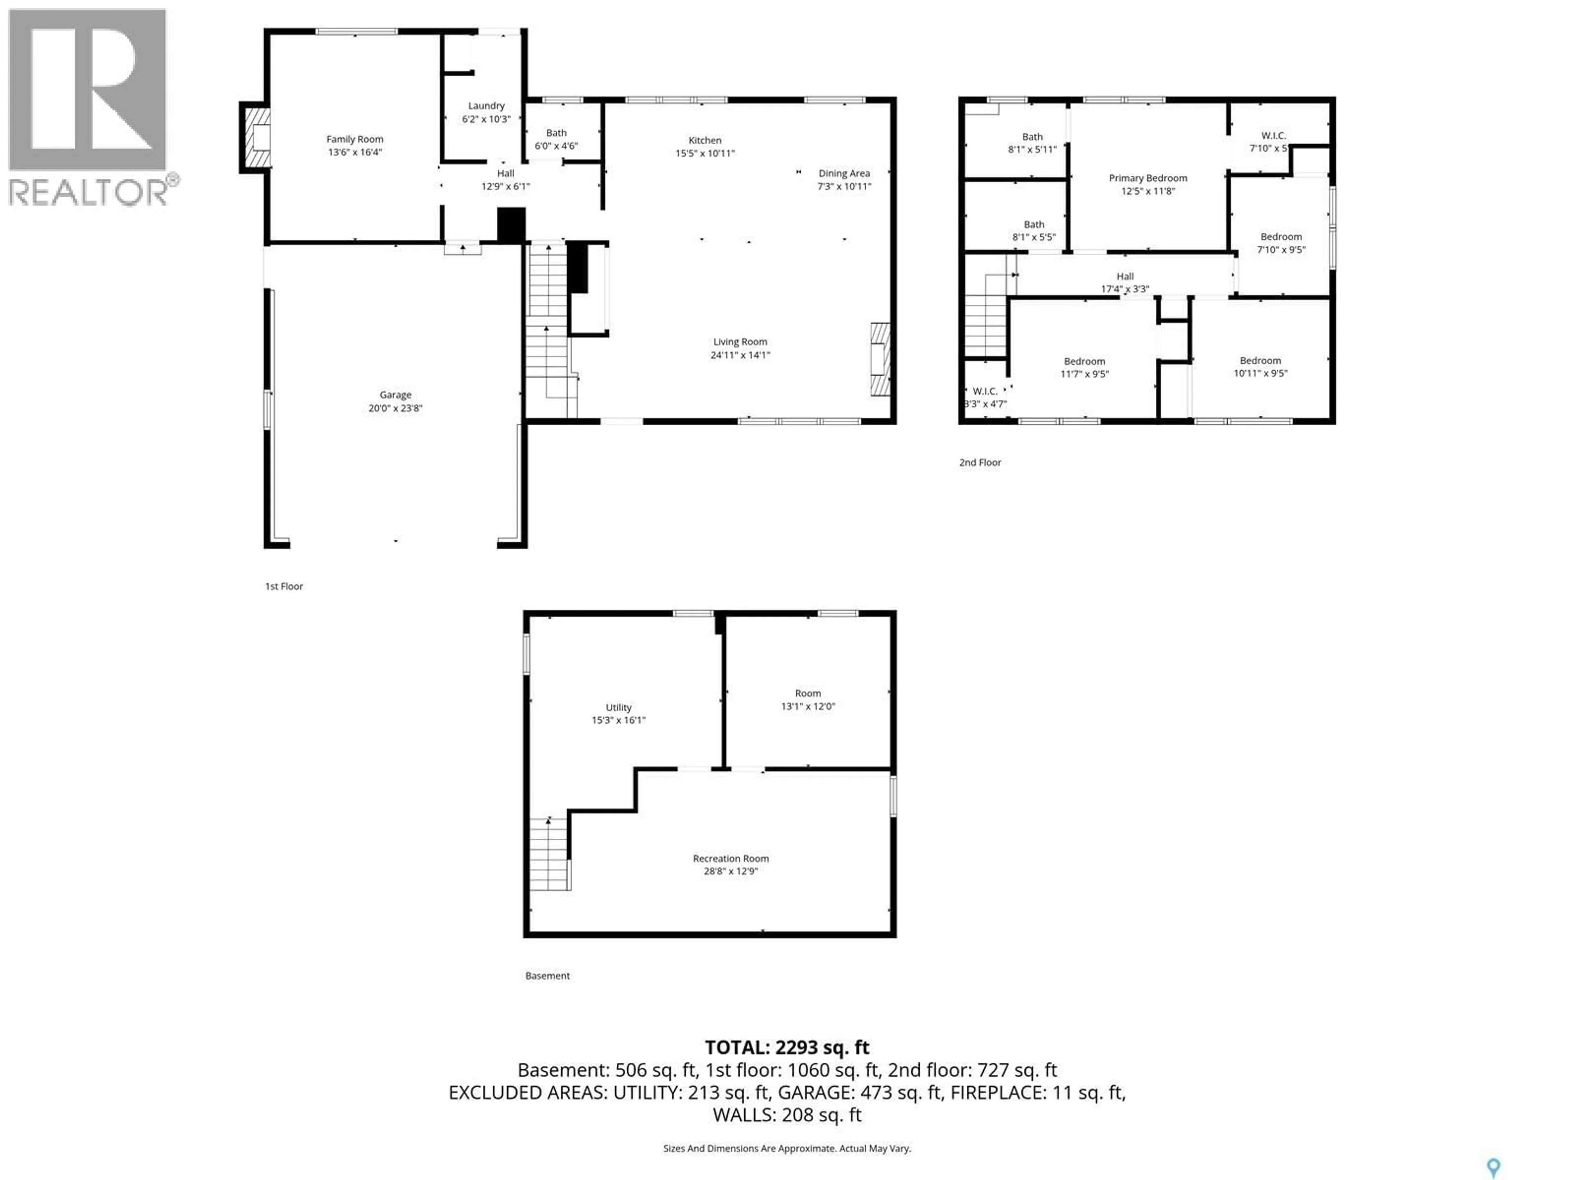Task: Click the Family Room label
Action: [355, 139]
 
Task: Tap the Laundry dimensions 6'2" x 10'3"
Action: [486, 119]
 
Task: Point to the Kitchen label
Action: [705, 140]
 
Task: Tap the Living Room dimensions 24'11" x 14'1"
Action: [740, 355]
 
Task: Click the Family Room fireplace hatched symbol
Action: [256, 137]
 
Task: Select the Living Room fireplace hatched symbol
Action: [880, 359]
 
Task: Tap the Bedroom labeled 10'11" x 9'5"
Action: [1260, 366]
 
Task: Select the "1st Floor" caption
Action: [284, 586]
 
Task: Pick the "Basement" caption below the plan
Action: [547, 976]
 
